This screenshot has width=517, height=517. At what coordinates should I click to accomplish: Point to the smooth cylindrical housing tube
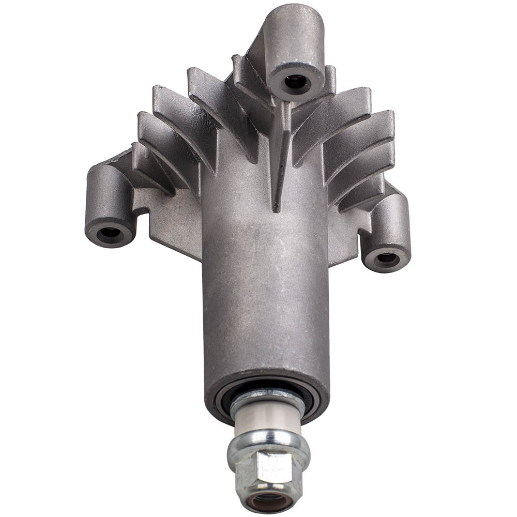(264, 290)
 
